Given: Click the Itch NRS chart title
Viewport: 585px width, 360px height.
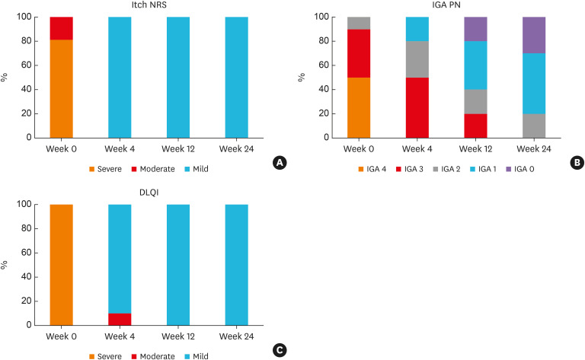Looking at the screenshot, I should point(149,6).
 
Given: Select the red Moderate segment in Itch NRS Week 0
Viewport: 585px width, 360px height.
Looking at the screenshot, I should point(62,28).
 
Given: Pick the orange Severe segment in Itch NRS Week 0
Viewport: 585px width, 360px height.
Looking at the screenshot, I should point(62,88).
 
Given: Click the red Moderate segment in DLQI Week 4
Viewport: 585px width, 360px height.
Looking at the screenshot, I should point(120,319).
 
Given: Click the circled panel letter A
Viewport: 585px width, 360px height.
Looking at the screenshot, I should point(280,162).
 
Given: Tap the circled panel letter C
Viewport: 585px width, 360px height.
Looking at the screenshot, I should point(280,349).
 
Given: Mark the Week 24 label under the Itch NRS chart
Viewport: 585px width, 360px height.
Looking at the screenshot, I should point(236,146).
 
